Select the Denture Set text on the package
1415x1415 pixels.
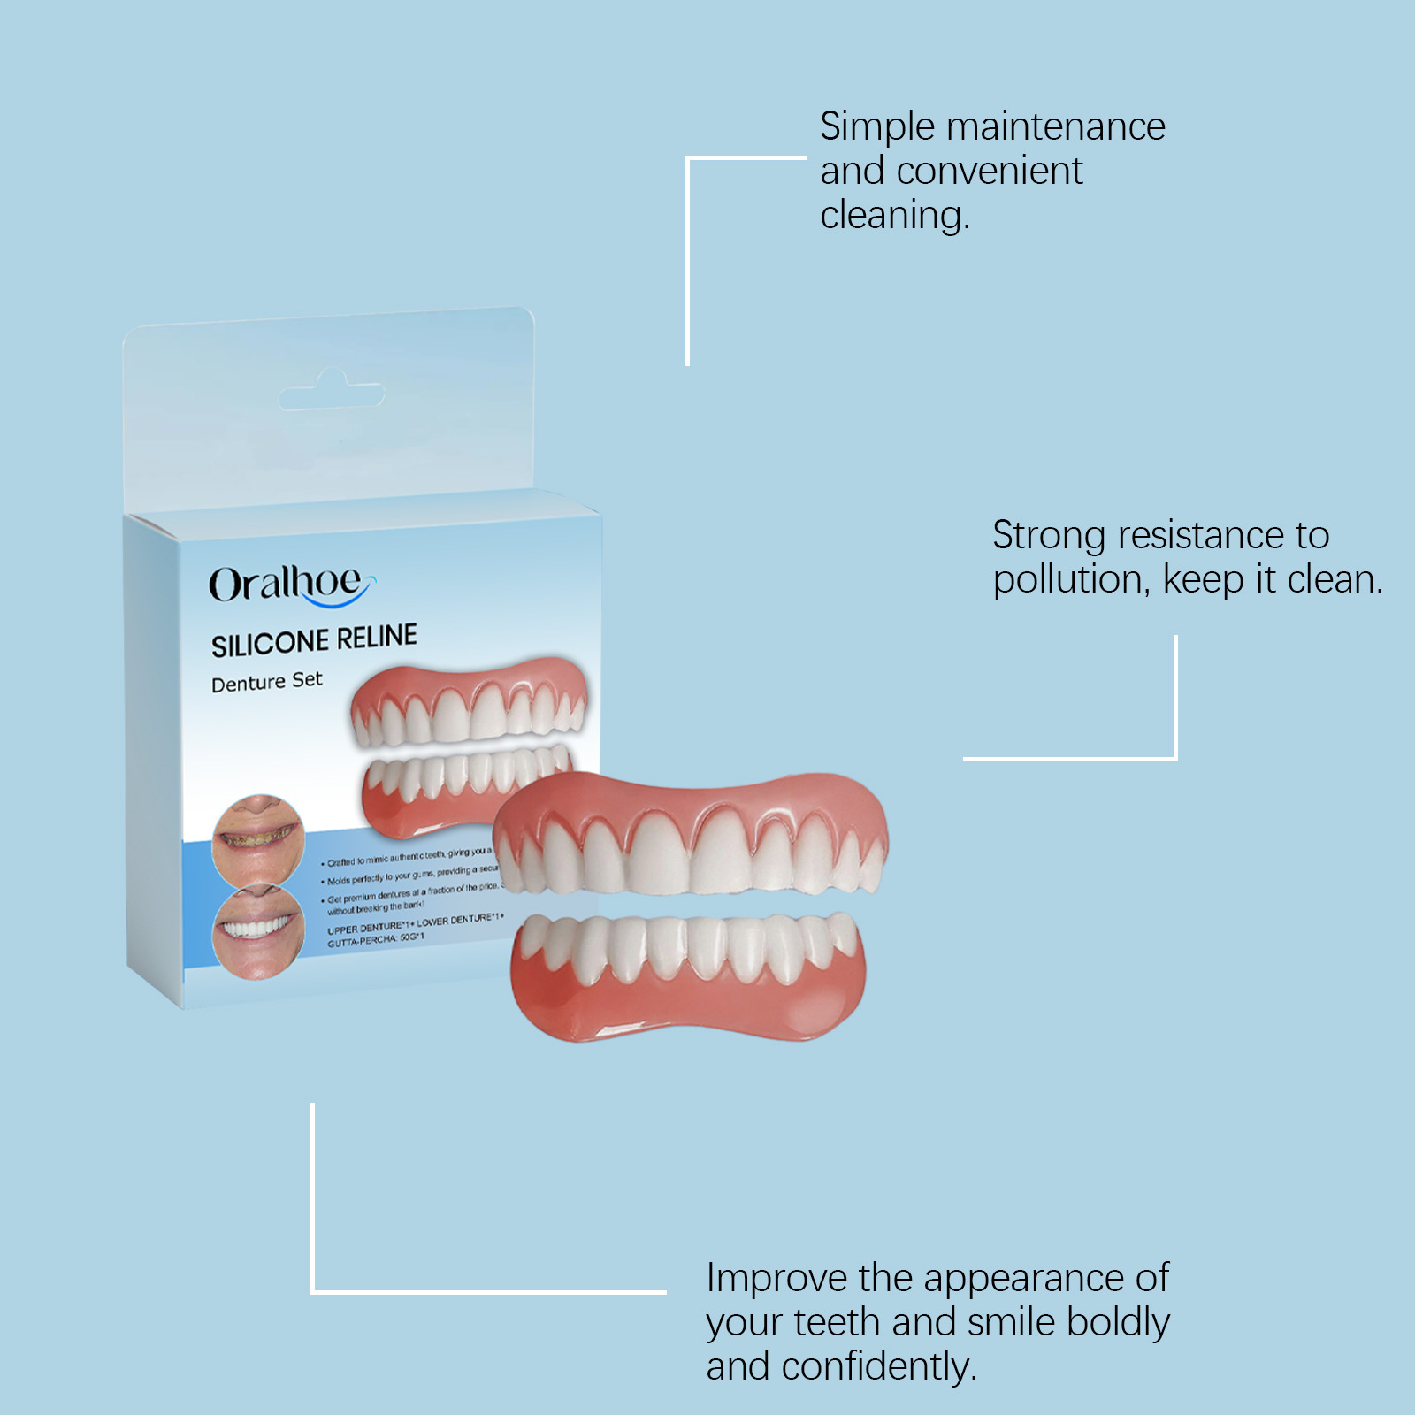(x=266, y=682)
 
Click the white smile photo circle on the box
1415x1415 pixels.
(x=258, y=930)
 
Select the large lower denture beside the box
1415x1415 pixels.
(x=688, y=973)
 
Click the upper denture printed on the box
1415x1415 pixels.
(x=469, y=703)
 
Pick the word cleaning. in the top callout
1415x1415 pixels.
(x=894, y=216)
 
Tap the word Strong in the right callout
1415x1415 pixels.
(x=1049, y=536)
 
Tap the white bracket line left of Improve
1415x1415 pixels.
(x=313, y=1203)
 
